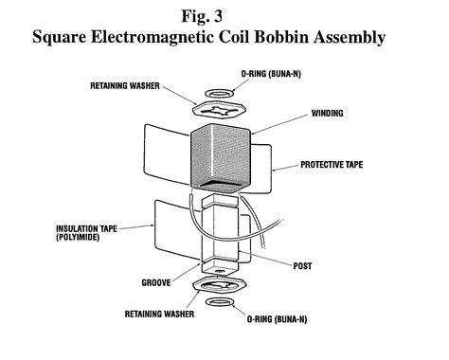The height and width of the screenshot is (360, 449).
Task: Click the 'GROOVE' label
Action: [x=119, y=282]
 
